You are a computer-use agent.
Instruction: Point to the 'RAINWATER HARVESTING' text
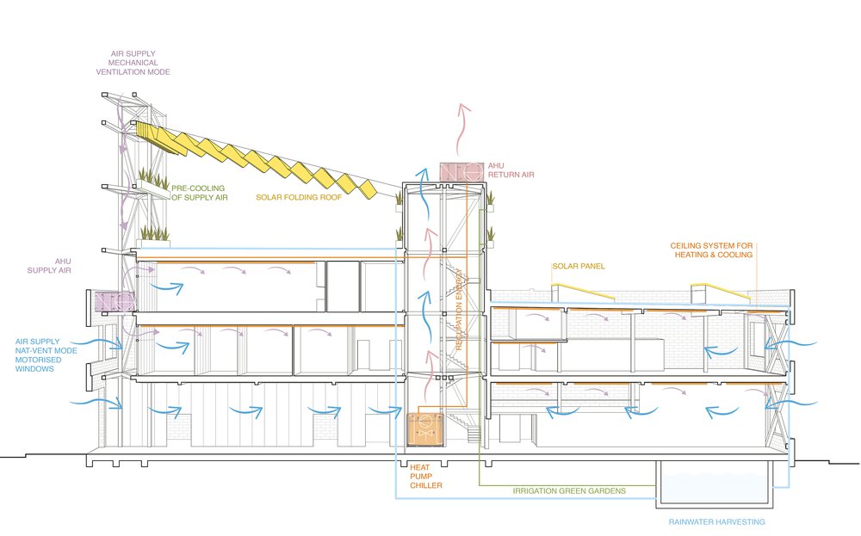716,521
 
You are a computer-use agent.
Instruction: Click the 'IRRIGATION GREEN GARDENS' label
569,491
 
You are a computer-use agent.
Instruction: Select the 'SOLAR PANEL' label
578,267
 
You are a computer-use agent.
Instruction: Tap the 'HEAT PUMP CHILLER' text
425,477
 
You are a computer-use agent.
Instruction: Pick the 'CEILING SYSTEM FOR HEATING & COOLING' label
711,250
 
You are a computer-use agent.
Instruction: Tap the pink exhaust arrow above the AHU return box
466,129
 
